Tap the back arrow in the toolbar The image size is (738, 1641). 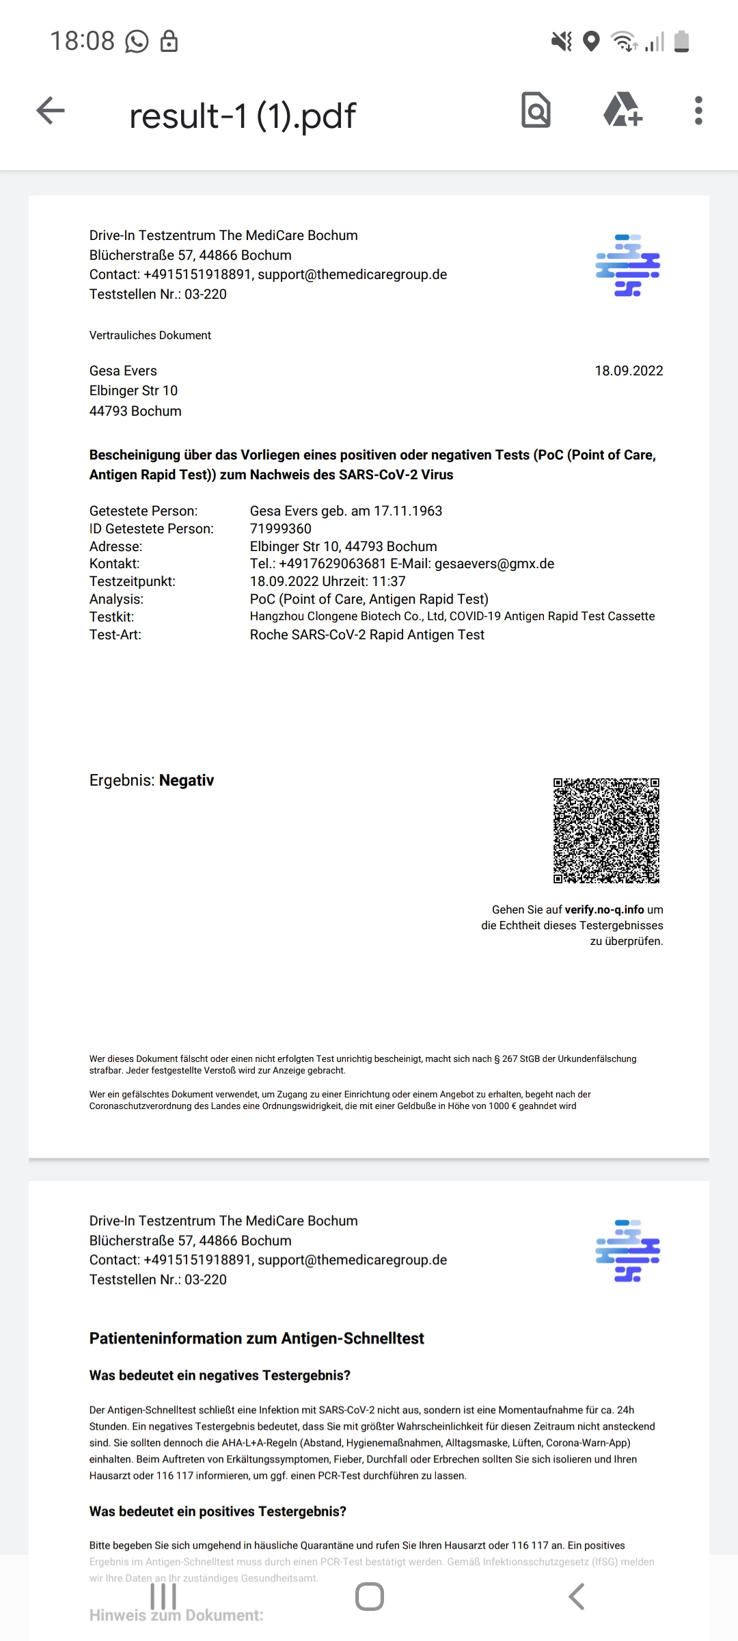51,111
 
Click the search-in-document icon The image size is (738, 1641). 536,111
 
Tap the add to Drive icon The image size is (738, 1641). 623,111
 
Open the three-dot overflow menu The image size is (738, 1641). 698,111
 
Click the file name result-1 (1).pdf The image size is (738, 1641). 243,116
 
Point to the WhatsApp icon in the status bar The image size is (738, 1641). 137,42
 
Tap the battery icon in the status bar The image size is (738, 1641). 681,42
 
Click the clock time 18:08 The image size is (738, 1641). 82,41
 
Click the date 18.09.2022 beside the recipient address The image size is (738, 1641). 629,371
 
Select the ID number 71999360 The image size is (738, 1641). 281,529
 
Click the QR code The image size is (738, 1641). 606,830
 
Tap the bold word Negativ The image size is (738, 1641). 187,780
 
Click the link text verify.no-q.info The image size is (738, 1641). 604,909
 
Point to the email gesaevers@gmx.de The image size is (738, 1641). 494,563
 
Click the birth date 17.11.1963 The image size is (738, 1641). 407,511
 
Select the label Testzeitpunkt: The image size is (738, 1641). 133,581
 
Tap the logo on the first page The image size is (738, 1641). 628,265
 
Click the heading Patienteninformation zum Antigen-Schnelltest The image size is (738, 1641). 256,1338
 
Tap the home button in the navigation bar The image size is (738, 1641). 369,1597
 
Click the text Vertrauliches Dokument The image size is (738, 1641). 150,335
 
